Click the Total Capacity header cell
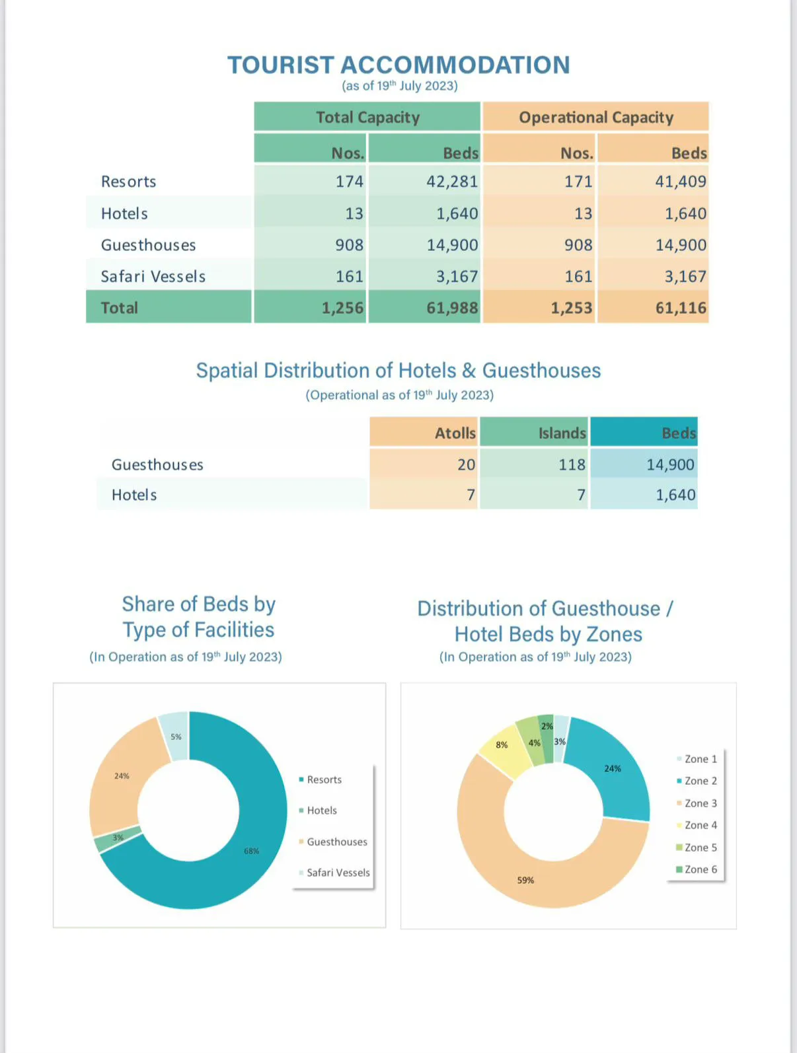(367, 116)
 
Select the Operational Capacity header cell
(595, 116)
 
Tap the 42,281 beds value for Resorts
(452, 182)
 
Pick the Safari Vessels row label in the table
(153, 276)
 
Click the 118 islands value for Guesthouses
(572, 464)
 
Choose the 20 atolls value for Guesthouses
(466, 464)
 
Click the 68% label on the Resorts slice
(251, 851)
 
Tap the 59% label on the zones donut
(525, 881)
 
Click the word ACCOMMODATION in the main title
(455, 65)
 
